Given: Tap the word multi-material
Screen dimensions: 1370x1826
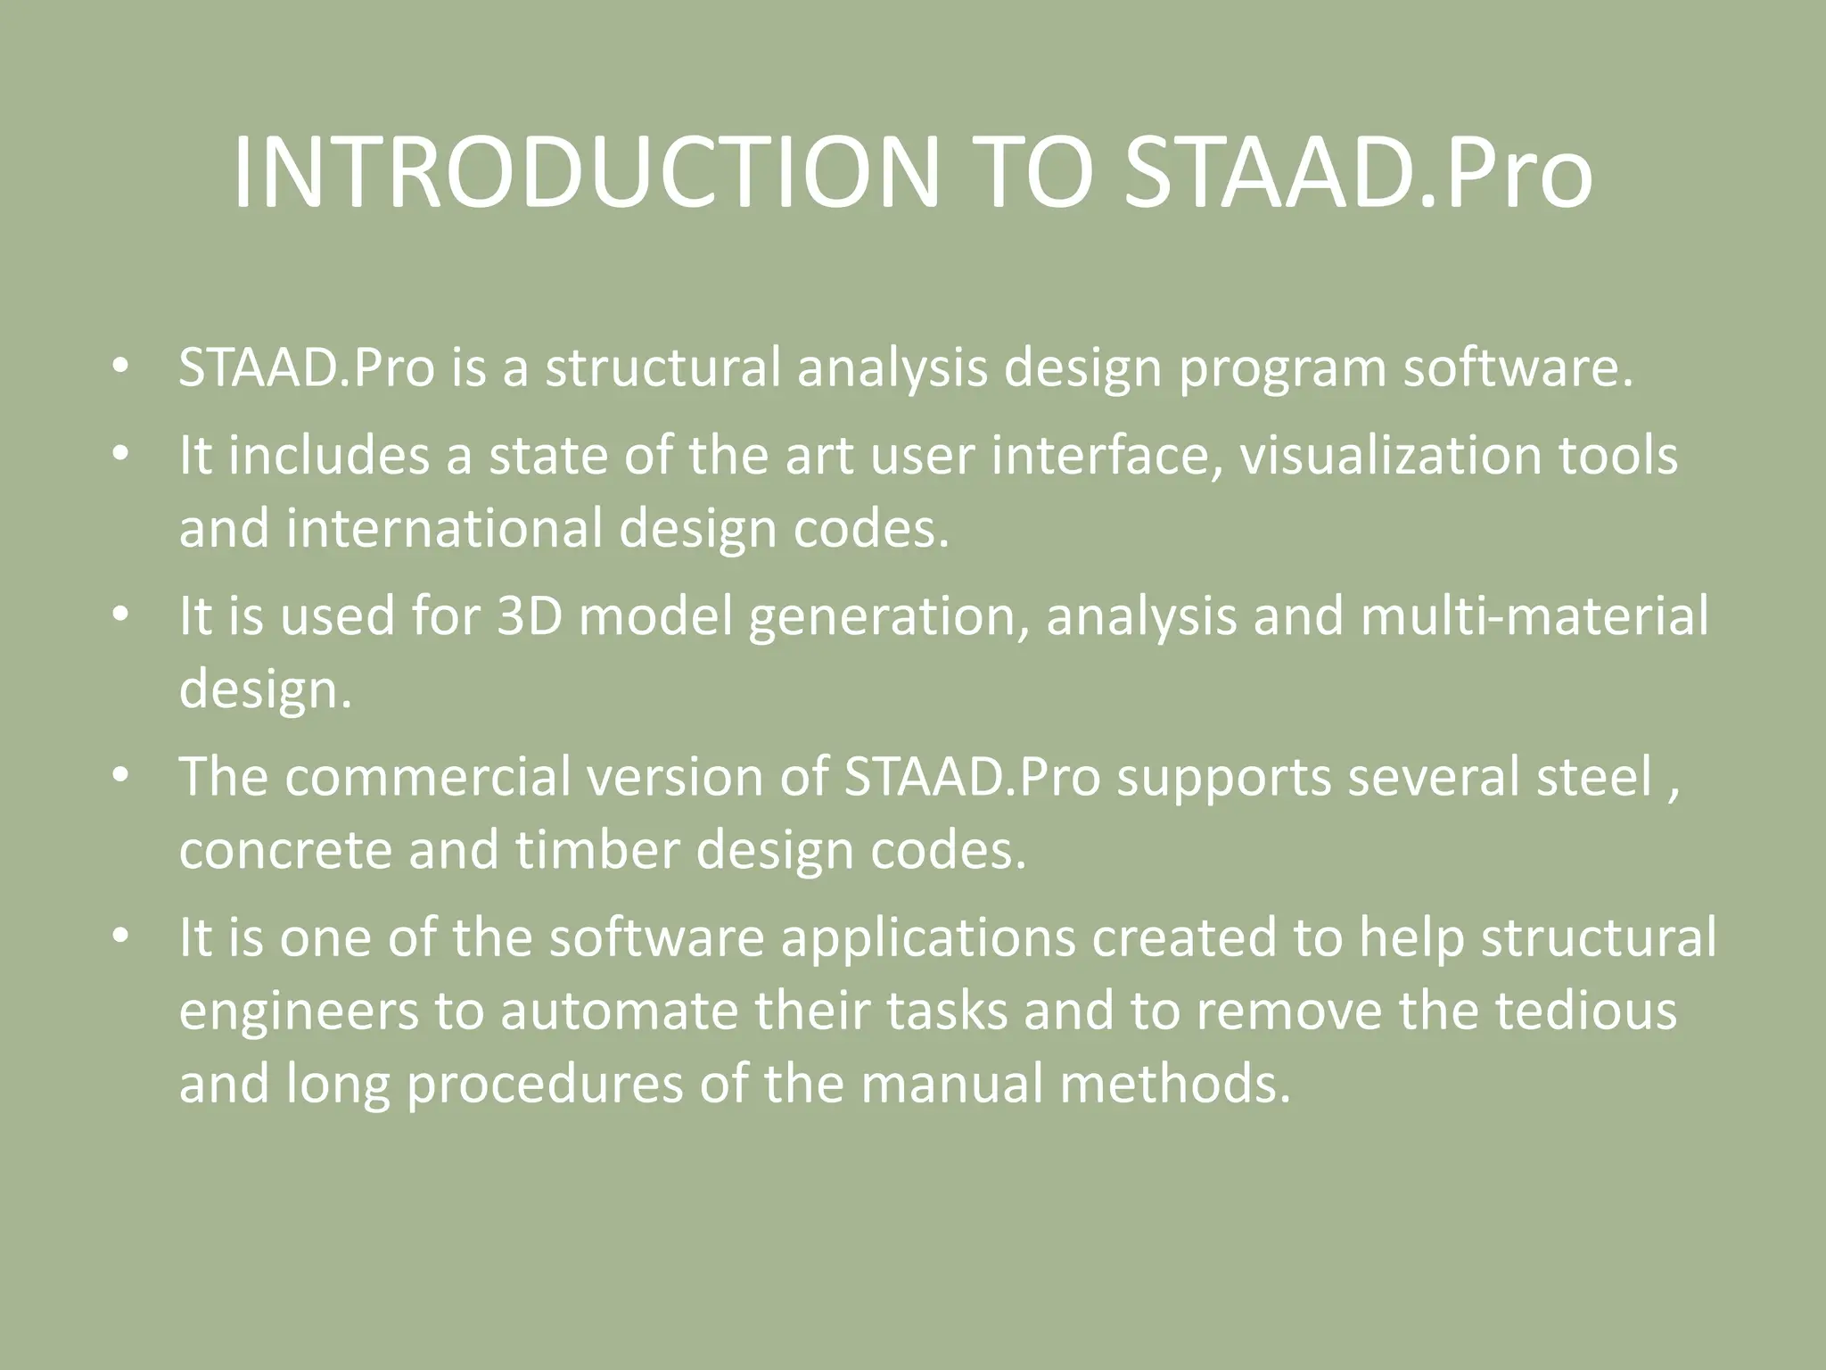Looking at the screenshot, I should [x=1534, y=616].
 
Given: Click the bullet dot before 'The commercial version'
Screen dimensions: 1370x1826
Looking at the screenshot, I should [x=121, y=777].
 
